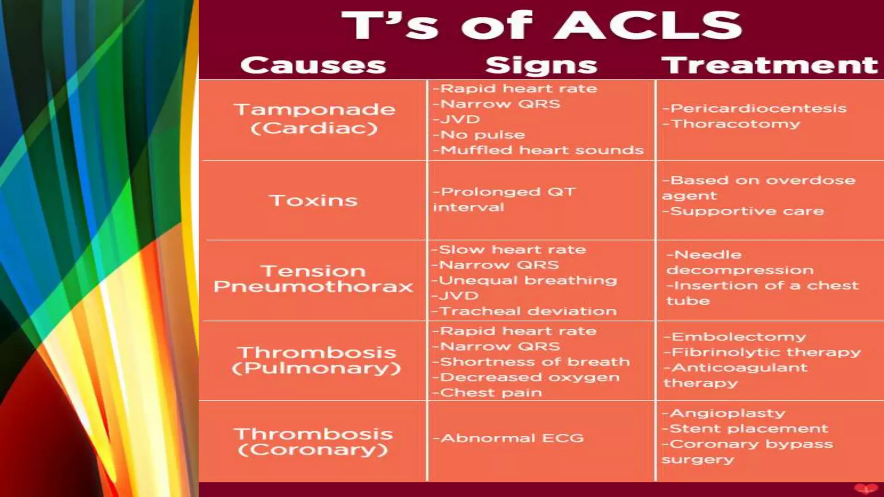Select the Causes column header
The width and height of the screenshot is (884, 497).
pos(313,65)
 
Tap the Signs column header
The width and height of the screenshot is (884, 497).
pos(541,65)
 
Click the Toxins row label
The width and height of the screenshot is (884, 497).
pos(313,201)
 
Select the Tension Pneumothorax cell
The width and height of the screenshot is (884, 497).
pos(313,279)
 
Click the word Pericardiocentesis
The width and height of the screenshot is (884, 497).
pos(758,108)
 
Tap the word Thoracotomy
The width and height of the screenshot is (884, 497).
pos(736,124)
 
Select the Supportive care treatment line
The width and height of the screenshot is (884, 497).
pos(743,211)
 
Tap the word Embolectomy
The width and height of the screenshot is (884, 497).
pos(739,337)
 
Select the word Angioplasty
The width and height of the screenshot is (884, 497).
pos(727,413)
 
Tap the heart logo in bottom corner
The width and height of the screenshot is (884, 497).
pos(865,489)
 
